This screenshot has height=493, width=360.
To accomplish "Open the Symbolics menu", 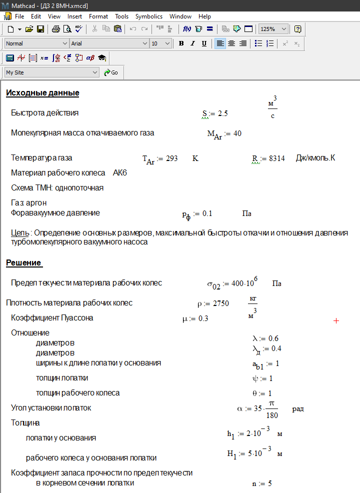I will (148, 16).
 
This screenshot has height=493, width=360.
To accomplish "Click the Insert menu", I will (74, 16).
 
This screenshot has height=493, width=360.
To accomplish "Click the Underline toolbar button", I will (204, 43).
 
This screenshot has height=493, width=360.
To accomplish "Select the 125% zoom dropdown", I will (273, 29).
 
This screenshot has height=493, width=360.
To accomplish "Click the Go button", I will (111, 72).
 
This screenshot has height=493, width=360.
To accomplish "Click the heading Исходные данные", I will (42, 93).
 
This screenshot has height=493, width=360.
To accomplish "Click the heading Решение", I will (23, 263).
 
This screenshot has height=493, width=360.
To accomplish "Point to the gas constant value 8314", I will (277, 158).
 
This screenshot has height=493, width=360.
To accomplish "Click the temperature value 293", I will (171, 158).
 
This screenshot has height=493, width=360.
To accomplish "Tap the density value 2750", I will (220, 303).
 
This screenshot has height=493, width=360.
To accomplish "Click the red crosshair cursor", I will (336, 320).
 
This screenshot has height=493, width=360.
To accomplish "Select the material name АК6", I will (120, 173).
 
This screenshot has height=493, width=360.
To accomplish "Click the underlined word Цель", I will (20, 233).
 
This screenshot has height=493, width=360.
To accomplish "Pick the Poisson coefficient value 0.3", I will (203, 318).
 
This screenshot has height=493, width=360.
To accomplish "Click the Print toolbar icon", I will (55, 29).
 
